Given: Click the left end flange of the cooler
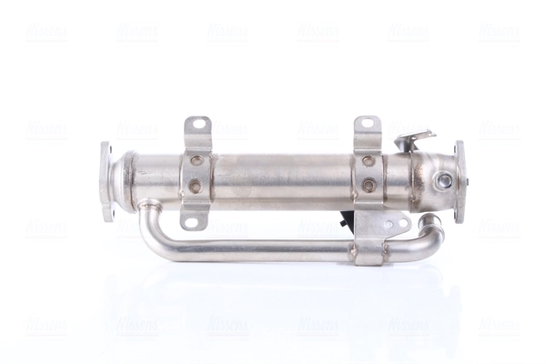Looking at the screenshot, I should (106, 180).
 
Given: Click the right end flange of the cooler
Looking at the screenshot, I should (460, 180).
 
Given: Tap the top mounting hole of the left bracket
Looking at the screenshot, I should (197, 124).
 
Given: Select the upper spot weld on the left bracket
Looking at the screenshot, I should (195, 161).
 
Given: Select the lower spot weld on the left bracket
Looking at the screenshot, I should (195, 187).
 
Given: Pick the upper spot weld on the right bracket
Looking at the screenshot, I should (368, 161).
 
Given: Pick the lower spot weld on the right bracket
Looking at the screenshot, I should (368, 186).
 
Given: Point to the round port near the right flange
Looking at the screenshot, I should (443, 181).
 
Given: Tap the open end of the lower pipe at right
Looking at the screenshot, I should (433, 221).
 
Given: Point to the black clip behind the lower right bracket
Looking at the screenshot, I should (347, 221).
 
